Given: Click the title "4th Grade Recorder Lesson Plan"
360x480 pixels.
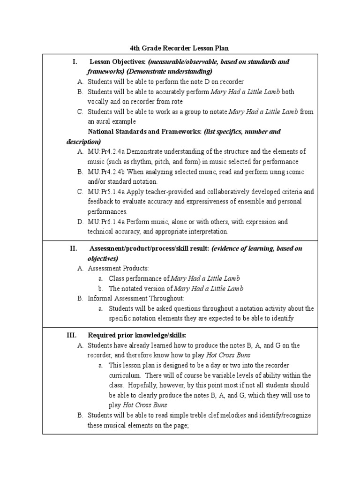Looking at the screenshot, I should tap(180, 48).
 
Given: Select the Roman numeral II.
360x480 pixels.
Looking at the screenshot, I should tap(74, 248).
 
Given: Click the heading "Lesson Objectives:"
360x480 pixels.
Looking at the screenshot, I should tap(118, 62).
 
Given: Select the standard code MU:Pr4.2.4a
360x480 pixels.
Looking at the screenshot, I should tap(107, 152).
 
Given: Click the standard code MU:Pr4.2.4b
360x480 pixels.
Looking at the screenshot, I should tap(107, 172).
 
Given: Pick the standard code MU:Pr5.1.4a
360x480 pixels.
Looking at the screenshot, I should tap(107, 192).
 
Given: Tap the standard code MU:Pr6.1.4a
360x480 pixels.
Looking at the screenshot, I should tap(107, 222).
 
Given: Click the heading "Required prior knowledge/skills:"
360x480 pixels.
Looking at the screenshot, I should tap(137, 335).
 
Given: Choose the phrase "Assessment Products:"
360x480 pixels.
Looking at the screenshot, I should tap(118, 269).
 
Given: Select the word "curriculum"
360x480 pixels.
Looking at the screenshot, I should tap(124, 375).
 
